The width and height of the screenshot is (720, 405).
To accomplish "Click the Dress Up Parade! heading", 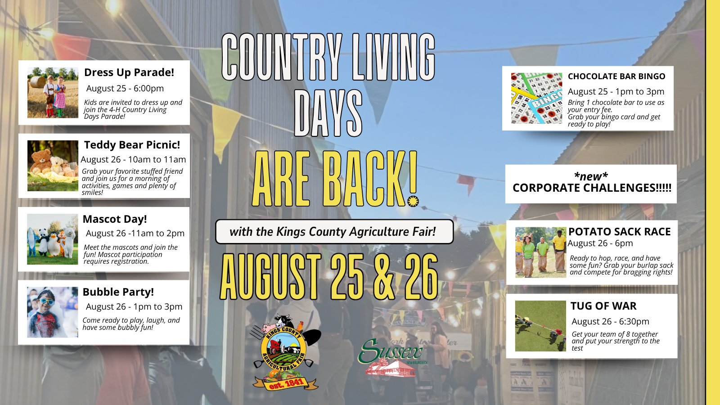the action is (129, 72).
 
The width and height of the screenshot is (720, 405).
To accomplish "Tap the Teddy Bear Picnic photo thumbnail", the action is (53, 166).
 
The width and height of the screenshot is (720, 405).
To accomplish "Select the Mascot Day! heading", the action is (115, 219).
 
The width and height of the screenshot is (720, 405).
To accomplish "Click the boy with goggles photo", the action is (52, 312).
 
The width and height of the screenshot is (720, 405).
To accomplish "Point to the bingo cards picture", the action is (536, 99).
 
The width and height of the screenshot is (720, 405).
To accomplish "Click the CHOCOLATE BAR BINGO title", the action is (616, 76).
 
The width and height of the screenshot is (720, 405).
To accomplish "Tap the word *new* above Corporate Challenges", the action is (591, 176).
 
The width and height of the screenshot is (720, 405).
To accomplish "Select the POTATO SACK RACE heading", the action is (619, 232).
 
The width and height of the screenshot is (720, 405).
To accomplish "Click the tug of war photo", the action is (540, 326).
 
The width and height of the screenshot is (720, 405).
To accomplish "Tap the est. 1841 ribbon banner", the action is (285, 383).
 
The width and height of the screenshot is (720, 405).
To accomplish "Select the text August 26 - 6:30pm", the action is (610, 321).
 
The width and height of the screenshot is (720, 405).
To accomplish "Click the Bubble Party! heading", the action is (118, 292).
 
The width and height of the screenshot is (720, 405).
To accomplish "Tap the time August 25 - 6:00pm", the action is (125, 88).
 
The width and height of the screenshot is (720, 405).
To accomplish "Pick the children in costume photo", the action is (53, 93).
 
